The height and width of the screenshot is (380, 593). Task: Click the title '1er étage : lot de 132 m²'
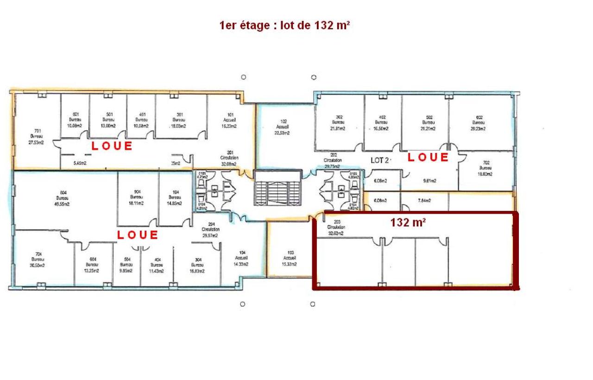(x=284, y=25)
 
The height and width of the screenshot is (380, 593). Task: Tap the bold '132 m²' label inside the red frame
(x=408, y=222)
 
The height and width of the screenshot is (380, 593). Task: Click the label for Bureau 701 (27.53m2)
(x=35, y=137)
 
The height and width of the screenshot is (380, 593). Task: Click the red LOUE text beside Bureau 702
(x=428, y=158)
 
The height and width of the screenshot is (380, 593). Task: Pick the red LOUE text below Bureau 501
(x=112, y=146)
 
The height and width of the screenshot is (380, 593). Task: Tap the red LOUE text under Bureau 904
(x=138, y=235)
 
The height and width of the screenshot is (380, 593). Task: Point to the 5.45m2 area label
(x=81, y=163)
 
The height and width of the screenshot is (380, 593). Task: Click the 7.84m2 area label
(x=424, y=201)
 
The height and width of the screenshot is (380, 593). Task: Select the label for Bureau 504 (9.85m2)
(x=126, y=265)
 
